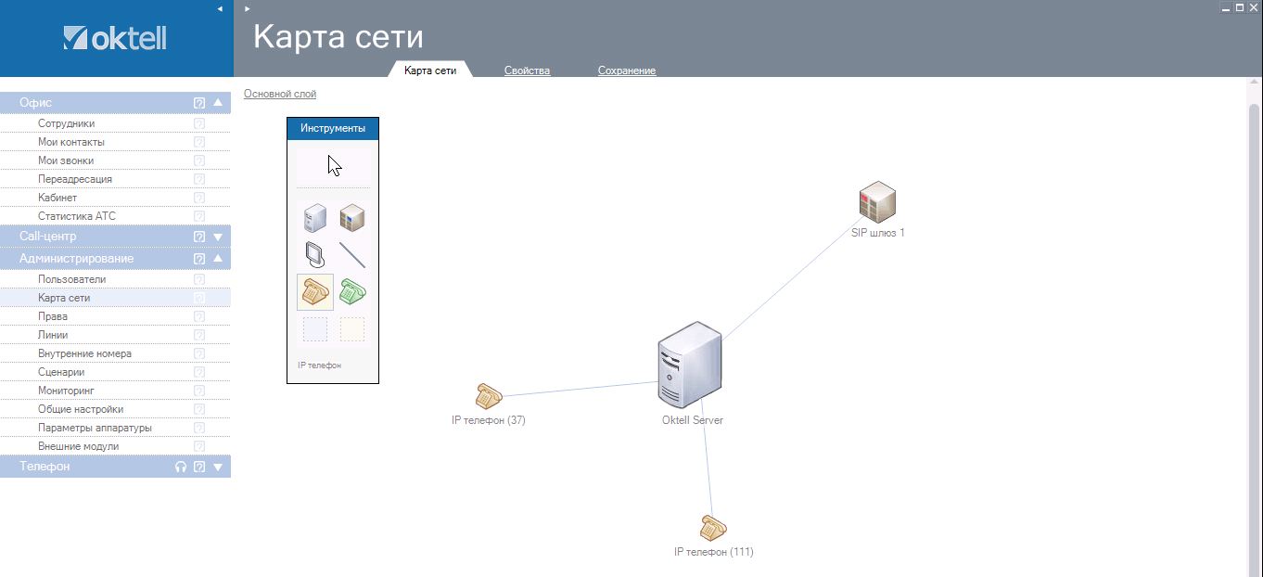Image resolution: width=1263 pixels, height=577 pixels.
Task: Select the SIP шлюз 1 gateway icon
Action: (x=877, y=202)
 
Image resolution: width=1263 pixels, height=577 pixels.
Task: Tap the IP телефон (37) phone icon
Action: (x=488, y=396)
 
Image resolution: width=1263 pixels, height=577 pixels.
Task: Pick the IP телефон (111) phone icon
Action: (x=712, y=528)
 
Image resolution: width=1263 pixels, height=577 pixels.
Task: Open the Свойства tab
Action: (x=527, y=71)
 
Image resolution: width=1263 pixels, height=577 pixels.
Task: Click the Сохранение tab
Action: (x=627, y=71)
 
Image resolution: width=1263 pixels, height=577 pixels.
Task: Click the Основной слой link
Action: (x=280, y=94)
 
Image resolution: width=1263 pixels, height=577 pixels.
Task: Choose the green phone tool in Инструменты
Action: (x=352, y=291)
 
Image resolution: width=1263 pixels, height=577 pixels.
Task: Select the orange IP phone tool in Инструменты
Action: (x=315, y=291)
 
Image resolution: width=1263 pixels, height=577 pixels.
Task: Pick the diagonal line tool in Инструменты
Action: (x=352, y=254)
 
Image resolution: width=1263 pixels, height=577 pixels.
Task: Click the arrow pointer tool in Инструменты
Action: (x=334, y=166)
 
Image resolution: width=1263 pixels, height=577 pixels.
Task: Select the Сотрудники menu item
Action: (x=66, y=123)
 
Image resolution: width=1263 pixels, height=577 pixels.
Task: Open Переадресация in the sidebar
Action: (x=75, y=179)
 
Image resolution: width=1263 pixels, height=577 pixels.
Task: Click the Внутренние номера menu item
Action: (x=84, y=353)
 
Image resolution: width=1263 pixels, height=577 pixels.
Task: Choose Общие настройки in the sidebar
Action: (x=81, y=409)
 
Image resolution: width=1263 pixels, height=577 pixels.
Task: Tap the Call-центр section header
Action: (x=48, y=237)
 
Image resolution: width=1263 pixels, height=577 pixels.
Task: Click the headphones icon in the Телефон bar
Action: (x=181, y=468)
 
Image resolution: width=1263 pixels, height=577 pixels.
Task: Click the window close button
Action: (x=1252, y=6)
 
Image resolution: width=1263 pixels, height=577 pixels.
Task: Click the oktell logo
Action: (x=115, y=38)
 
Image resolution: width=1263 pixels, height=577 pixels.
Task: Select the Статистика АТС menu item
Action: (x=77, y=216)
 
